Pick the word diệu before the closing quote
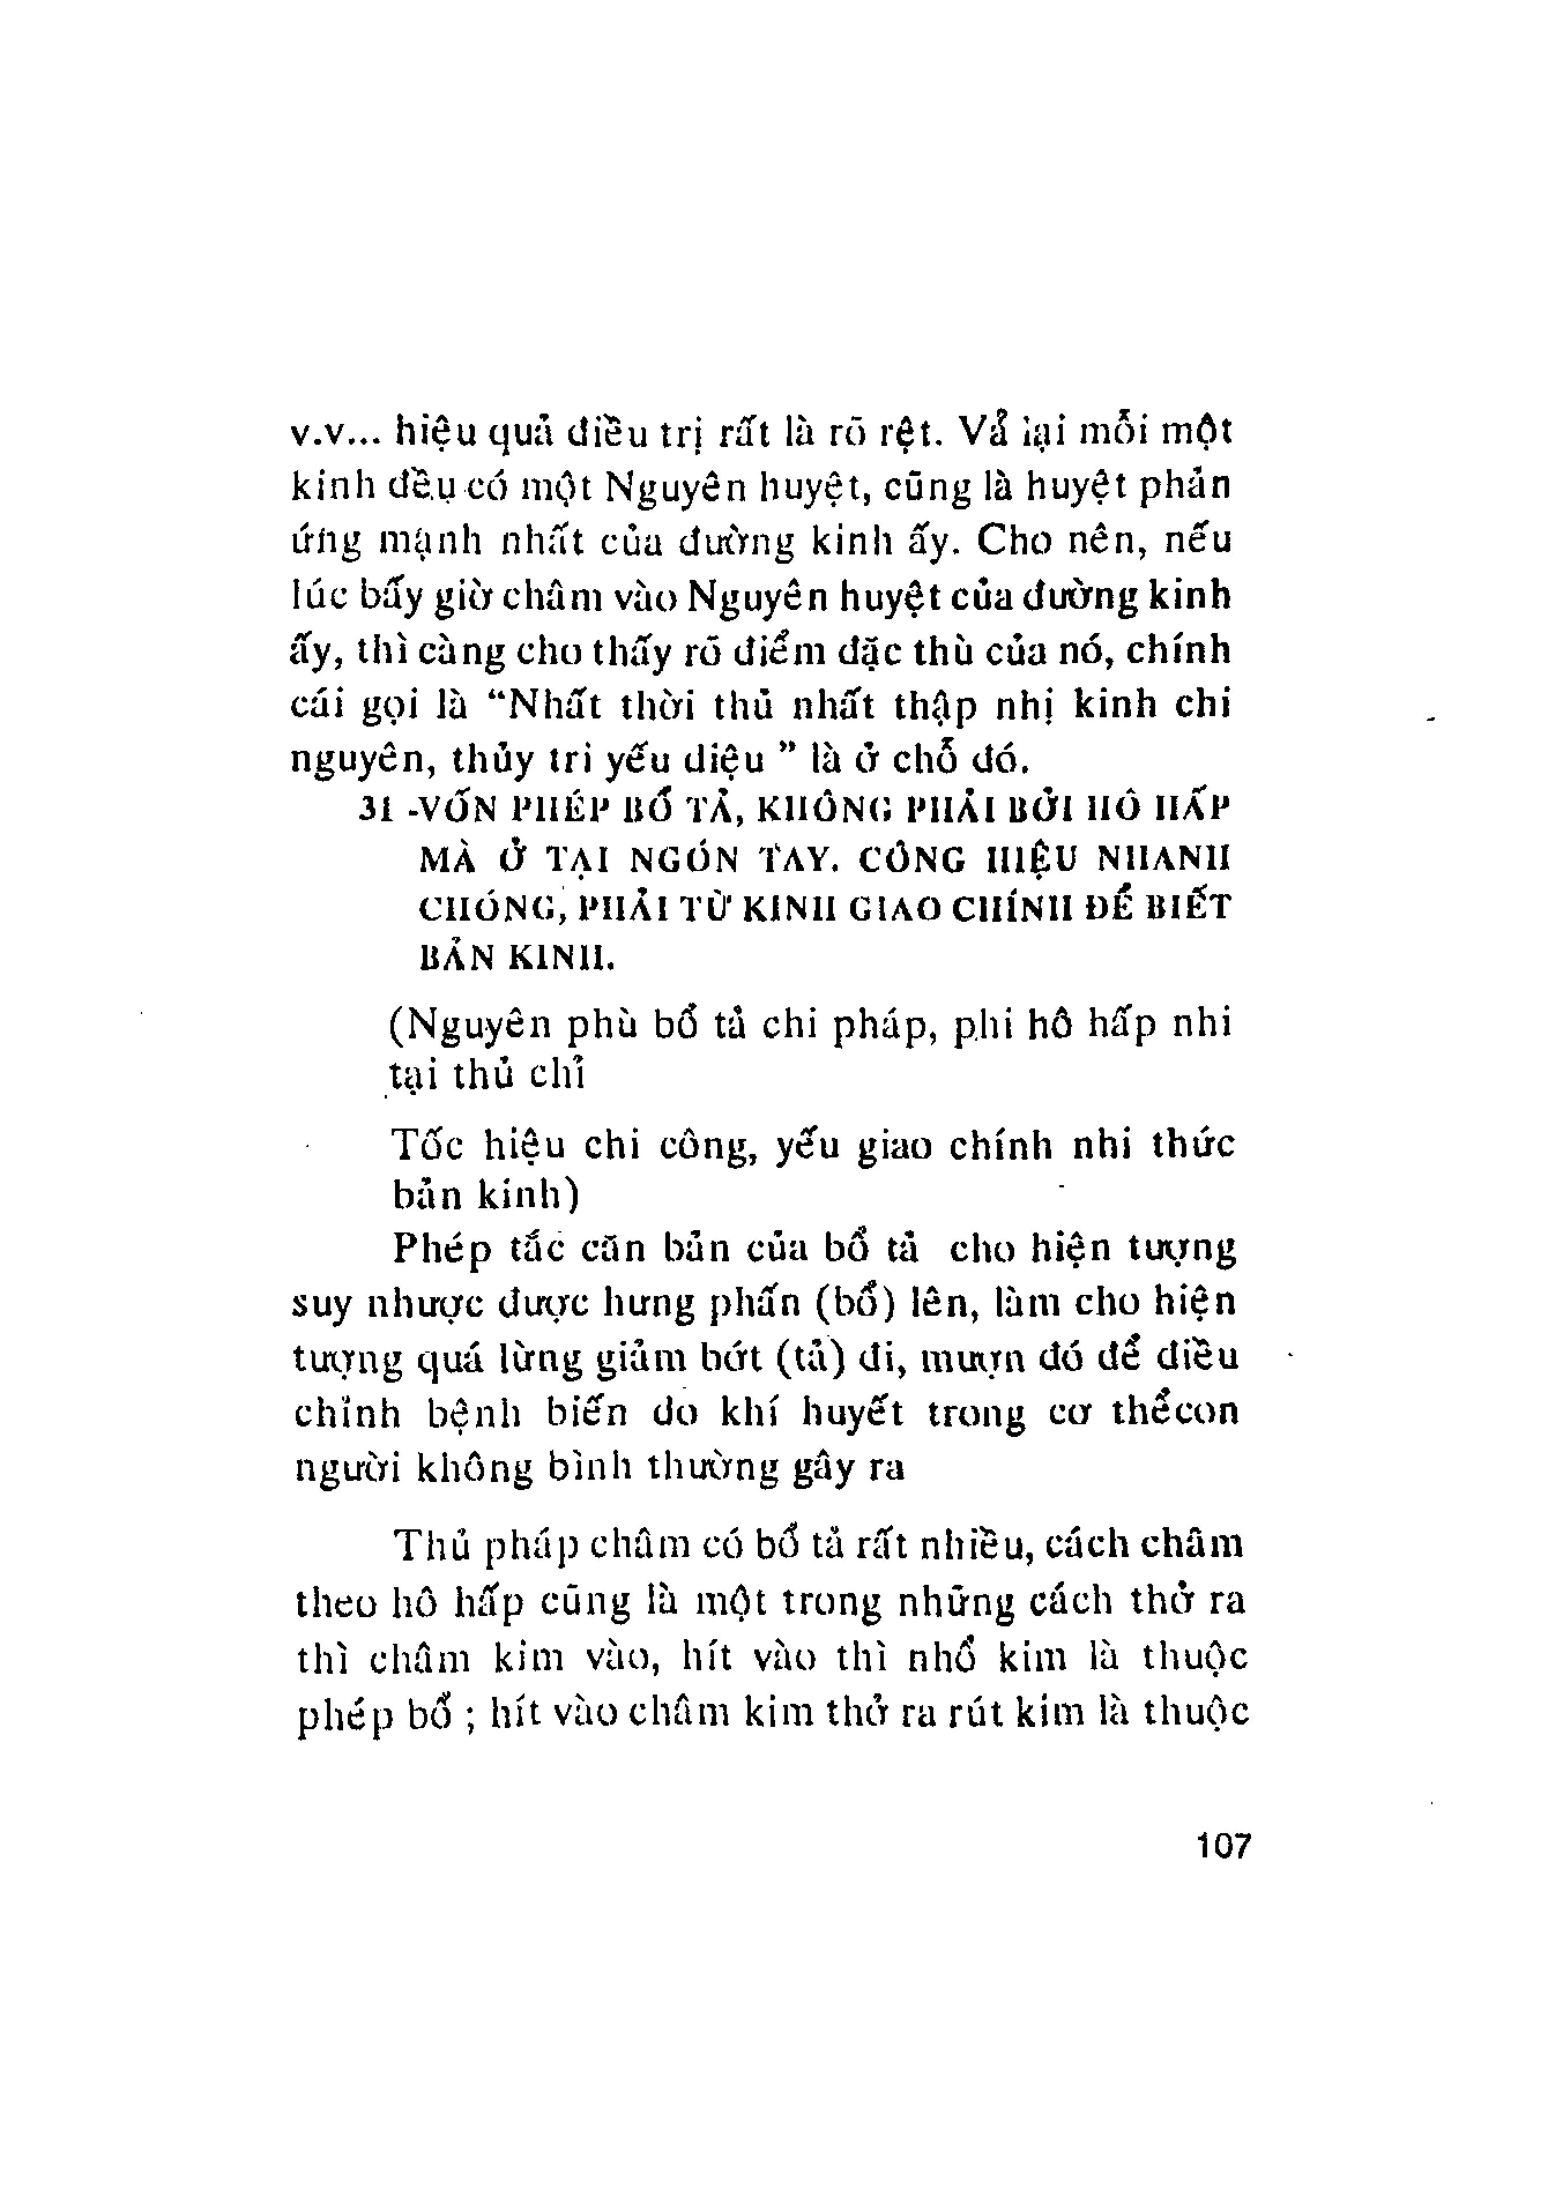pos(727,761)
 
